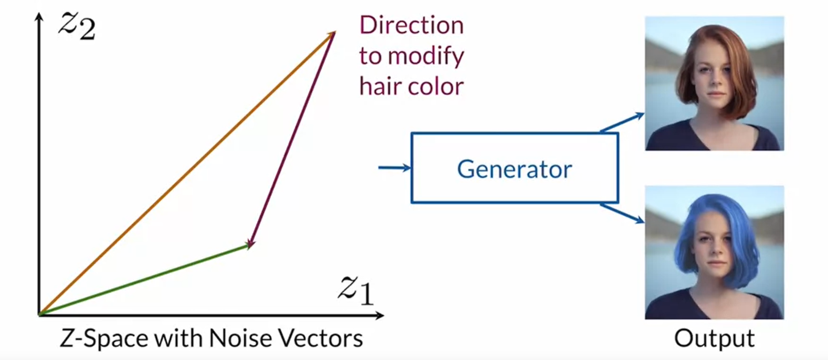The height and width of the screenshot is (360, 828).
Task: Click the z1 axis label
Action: pyautogui.click(x=356, y=289)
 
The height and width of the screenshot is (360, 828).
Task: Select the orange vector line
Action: pyautogui.click(x=187, y=173)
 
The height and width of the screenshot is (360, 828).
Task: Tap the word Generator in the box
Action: pyautogui.click(x=514, y=169)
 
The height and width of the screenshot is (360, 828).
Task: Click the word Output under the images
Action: pyautogui.click(x=714, y=338)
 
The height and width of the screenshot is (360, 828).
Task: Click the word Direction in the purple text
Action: pyautogui.click(x=411, y=25)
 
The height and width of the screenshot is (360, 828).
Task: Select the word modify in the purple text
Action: pyautogui.click(x=426, y=56)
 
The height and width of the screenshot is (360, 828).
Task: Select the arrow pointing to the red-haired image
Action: pyautogui.click(x=622, y=122)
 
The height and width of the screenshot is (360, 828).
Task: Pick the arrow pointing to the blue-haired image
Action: pyautogui.click(x=622, y=213)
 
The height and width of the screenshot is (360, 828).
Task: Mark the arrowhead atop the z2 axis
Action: pyautogui.click(x=39, y=17)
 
